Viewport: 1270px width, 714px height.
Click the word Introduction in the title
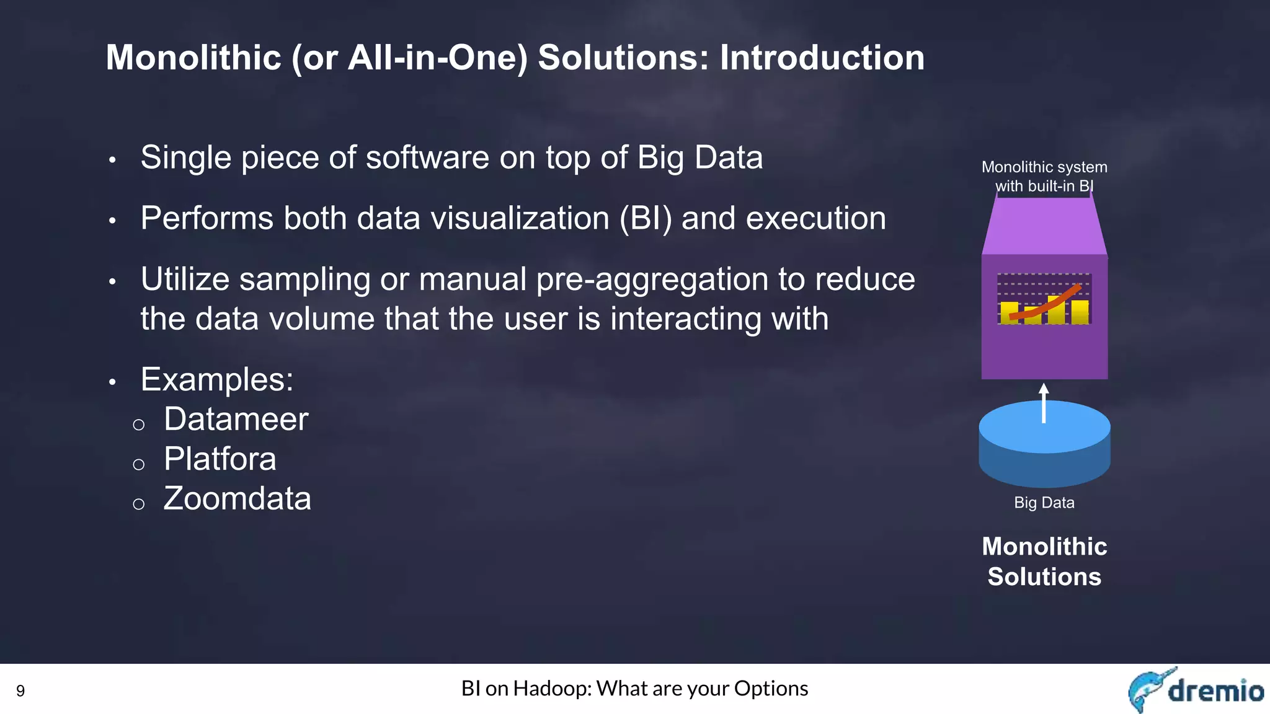pyautogui.click(x=822, y=58)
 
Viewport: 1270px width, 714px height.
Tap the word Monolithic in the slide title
pyautogui.click(x=193, y=58)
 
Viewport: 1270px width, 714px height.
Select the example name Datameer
pyautogui.click(x=236, y=420)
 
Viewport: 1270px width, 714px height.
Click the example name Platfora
pyautogui.click(x=220, y=459)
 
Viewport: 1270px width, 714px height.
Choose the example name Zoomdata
pyautogui.click(x=237, y=499)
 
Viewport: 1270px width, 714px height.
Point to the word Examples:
pyautogui.click(x=216, y=379)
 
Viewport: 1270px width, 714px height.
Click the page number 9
pyautogui.click(x=20, y=691)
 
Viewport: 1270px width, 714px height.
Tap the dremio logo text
pyautogui.click(x=1215, y=690)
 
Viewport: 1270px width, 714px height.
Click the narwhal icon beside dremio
pyautogui.click(x=1147, y=689)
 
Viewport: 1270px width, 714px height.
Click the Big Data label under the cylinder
pyautogui.click(x=1044, y=503)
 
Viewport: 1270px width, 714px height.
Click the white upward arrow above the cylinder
pyautogui.click(x=1044, y=403)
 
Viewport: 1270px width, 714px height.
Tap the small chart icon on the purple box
pyautogui.click(x=1044, y=299)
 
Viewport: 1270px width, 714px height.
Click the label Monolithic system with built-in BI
pyautogui.click(x=1044, y=177)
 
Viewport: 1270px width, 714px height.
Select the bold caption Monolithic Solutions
pyautogui.click(x=1044, y=562)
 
